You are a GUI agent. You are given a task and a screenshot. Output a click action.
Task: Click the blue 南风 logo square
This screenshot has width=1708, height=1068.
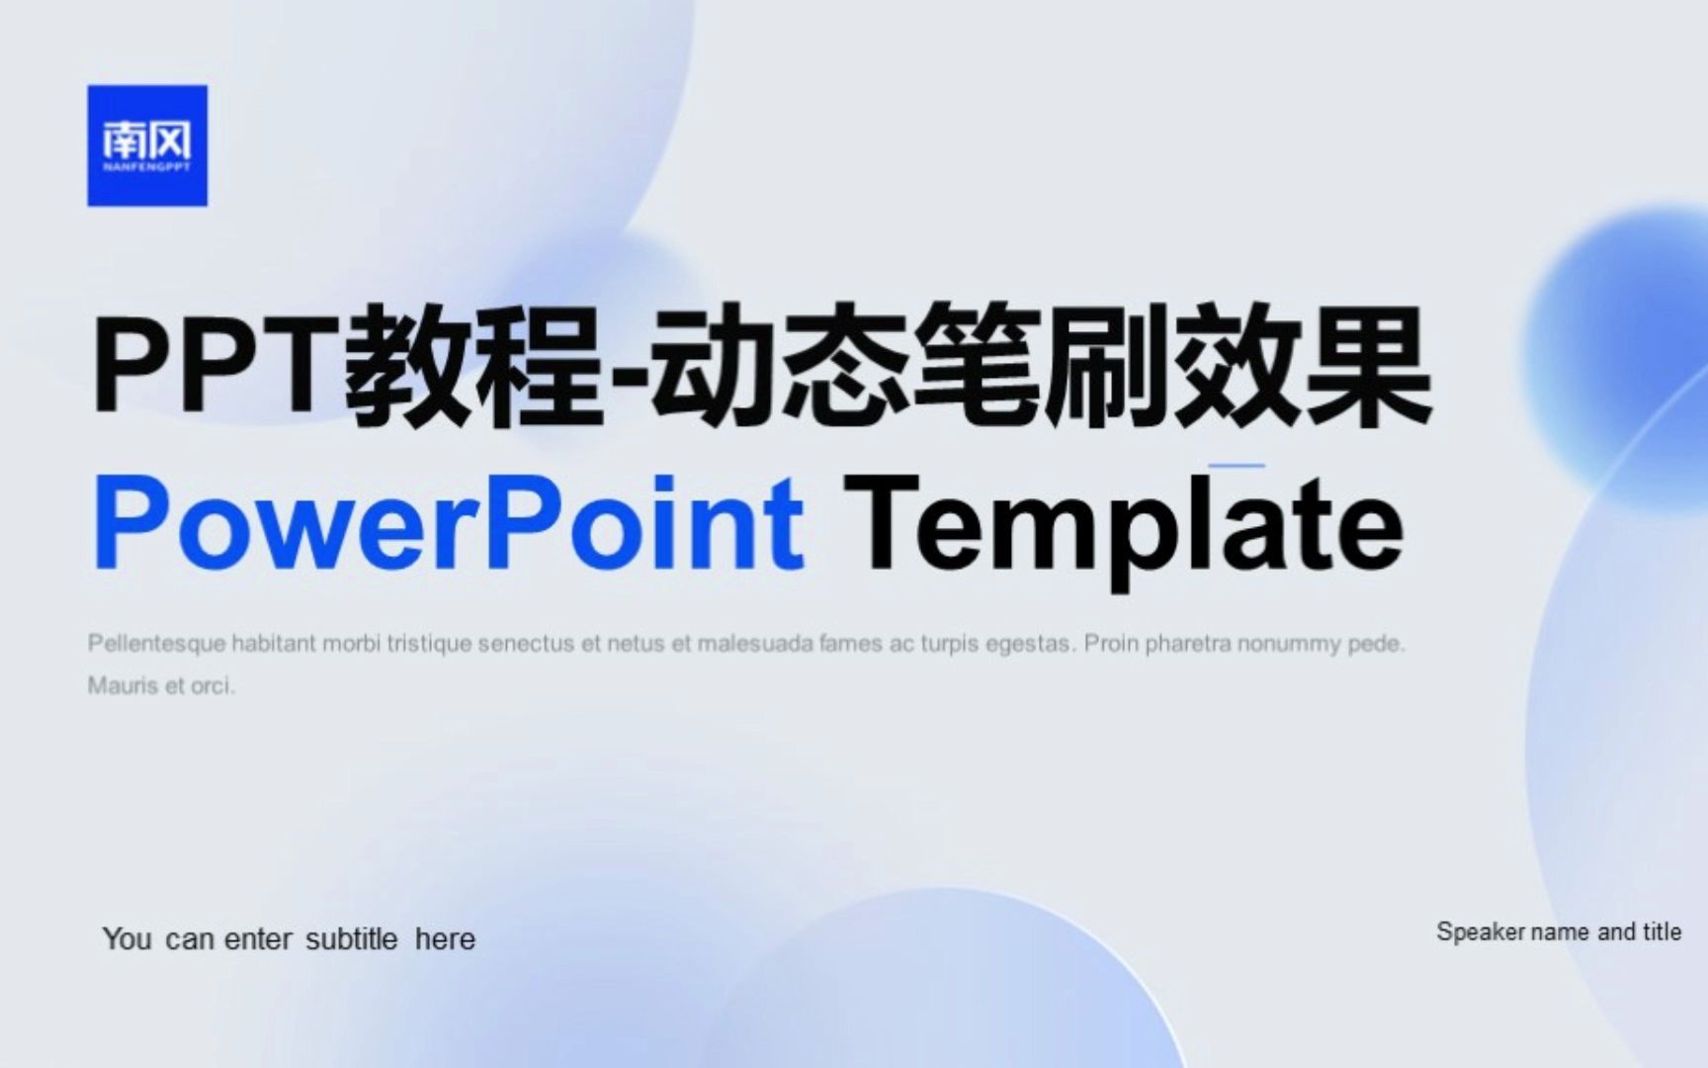(x=147, y=145)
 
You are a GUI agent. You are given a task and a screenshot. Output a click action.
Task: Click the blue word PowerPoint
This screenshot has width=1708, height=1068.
(x=448, y=524)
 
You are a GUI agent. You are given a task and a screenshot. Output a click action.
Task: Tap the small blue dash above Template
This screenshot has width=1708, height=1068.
(x=1237, y=465)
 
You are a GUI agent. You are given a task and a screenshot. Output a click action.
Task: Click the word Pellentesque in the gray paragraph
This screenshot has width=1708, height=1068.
(x=157, y=644)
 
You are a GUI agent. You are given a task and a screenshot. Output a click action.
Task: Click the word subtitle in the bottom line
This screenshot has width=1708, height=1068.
(x=351, y=938)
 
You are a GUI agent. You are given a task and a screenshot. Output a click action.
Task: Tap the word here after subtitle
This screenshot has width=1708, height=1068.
(x=445, y=938)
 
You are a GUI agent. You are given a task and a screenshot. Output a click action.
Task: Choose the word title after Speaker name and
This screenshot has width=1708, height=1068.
(x=1662, y=932)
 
